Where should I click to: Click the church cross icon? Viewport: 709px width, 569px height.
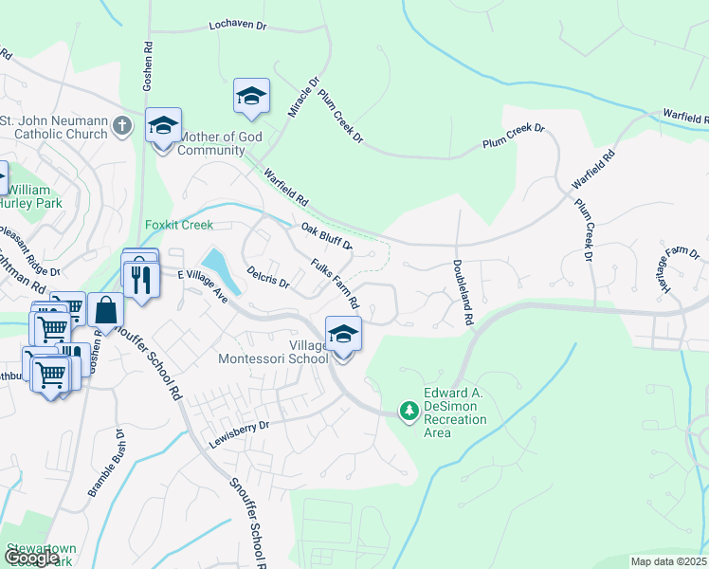pos(122,124)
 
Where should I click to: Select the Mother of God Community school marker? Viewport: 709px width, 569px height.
pos(163,125)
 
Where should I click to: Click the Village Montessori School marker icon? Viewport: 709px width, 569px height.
pos(343,334)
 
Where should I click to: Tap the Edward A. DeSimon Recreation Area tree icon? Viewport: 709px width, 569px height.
pos(409,411)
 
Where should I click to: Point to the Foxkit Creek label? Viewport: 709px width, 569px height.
pos(179,225)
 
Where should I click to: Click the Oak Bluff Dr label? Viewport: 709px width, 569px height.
pos(327,236)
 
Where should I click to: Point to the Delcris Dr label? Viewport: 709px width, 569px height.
pos(267,277)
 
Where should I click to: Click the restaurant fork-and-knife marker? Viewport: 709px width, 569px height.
pos(141,278)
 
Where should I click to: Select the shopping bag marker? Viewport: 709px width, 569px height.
pos(105,309)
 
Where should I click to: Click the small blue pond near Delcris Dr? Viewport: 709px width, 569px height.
pos(216,262)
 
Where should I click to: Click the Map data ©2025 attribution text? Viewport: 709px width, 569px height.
pos(669,561)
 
